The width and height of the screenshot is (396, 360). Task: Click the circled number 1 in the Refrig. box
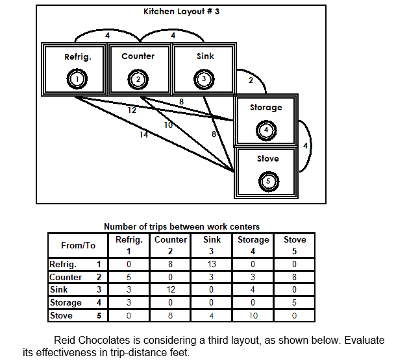tap(77, 79)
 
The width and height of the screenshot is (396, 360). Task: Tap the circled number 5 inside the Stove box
tap(267, 181)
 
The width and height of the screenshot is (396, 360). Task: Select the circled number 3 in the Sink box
tap(204, 79)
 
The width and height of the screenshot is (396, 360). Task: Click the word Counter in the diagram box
tap(138, 56)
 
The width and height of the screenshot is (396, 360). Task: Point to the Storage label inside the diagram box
tap(266, 107)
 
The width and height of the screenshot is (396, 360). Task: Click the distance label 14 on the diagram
tap(143, 135)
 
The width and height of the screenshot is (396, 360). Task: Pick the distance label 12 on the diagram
tap(132, 110)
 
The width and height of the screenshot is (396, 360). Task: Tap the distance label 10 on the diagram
tap(168, 125)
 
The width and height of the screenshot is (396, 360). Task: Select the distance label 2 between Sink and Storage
tap(251, 80)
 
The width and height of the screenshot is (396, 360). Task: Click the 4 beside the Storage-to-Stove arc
tap(305, 145)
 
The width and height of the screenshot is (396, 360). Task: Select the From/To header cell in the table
tap(77, 245)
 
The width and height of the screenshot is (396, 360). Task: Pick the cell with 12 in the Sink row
tap(170, 289)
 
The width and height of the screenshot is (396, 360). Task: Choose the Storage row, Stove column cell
tap(295, 302)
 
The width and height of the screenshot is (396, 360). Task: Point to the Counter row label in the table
tap(66, 277)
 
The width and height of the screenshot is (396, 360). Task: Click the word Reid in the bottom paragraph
tap(66, 341)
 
